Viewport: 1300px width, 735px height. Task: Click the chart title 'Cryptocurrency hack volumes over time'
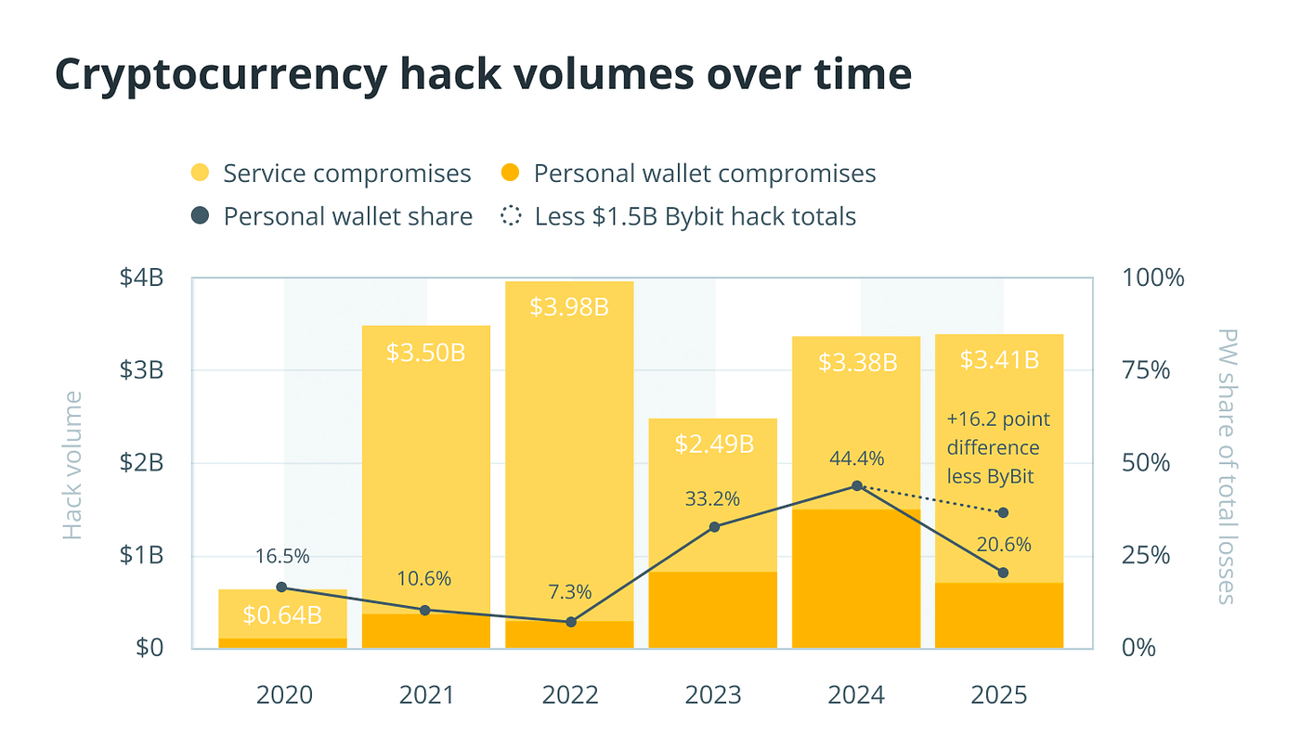[484, 75]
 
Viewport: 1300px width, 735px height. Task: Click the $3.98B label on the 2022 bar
[569, 306]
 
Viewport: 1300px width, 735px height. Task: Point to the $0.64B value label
[282, 614]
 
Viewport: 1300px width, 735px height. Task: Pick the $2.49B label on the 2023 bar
[713, 443]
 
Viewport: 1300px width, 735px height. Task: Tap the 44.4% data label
[857, 458]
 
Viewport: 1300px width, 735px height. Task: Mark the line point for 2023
[714, 527]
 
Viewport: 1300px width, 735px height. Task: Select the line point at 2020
[282, 587]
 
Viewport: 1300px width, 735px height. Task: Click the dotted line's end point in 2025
[1002, 513]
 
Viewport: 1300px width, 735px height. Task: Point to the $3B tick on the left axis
[142, 370]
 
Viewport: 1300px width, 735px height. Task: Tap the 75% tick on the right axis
[1148, 370]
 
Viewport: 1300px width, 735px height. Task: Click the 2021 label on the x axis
[425, 695]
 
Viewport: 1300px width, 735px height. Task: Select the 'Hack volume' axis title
[72, 465]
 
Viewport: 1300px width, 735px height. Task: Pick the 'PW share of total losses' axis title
[1227, 465]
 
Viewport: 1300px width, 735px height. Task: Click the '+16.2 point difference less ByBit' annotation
[999, 447]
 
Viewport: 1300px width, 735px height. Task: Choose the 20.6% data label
[1003, 546]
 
